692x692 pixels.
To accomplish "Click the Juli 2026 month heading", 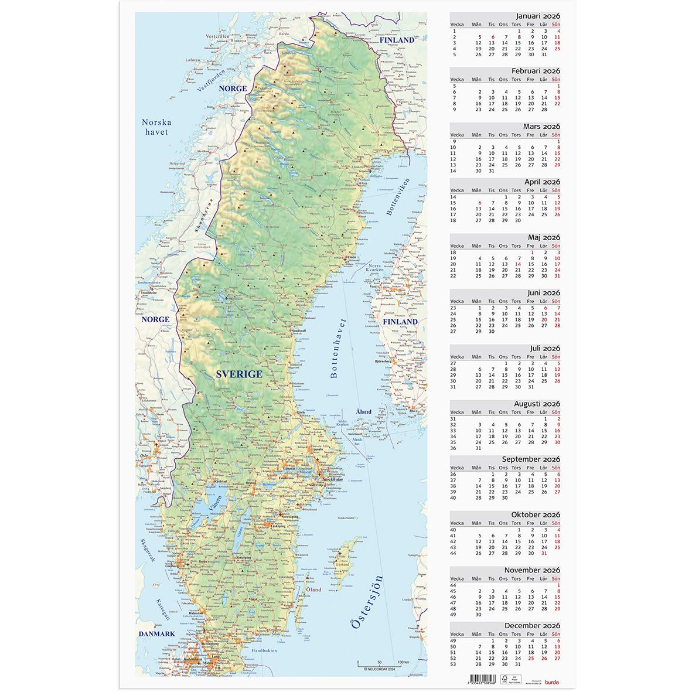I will tap(545, 348).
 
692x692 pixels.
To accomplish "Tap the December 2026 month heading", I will tap(533, 625).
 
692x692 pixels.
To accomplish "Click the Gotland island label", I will tap(346, 564).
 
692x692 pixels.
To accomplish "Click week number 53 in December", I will tap(453, 664).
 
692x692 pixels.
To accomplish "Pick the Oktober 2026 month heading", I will tap(536, 514).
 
